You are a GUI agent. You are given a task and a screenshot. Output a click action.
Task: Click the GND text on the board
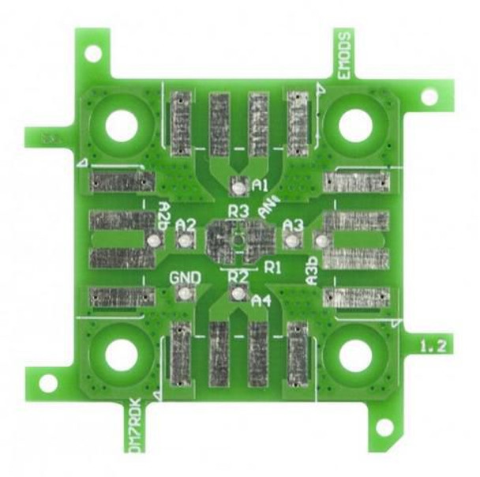click(185, 278)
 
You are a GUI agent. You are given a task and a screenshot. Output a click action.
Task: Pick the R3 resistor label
click(238, 211)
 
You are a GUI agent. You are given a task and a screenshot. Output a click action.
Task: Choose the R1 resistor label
click(273, 267)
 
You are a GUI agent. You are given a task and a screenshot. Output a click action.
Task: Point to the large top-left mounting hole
click(121, 126)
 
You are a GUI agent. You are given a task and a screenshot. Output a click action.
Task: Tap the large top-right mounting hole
click(355, 126)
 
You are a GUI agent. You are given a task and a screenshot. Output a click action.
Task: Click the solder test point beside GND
click(185, 295)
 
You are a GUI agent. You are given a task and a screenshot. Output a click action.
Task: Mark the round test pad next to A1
click(238, 187)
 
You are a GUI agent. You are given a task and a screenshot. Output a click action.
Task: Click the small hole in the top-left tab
click(93, 53)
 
